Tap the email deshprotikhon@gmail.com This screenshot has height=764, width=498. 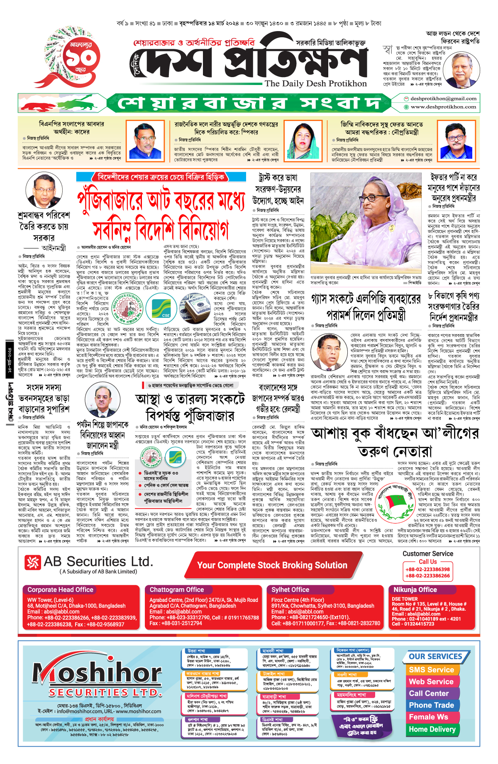click(x=443, y=99)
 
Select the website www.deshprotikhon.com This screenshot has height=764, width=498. click(x=443, y=107)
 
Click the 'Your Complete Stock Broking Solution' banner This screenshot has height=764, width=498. click(x=272, y=565)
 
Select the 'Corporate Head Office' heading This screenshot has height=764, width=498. click(x=61, y=589)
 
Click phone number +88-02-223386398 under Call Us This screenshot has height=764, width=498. click(x=427, y=570)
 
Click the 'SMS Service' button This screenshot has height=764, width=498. click(x=431, y=670)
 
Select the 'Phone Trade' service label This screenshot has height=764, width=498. click(x=431, y=705)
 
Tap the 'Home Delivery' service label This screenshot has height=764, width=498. click(x=432, y=729)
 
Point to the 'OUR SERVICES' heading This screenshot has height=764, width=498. click(x=435, y=657)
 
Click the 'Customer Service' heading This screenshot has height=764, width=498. click(x=427, y=553)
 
